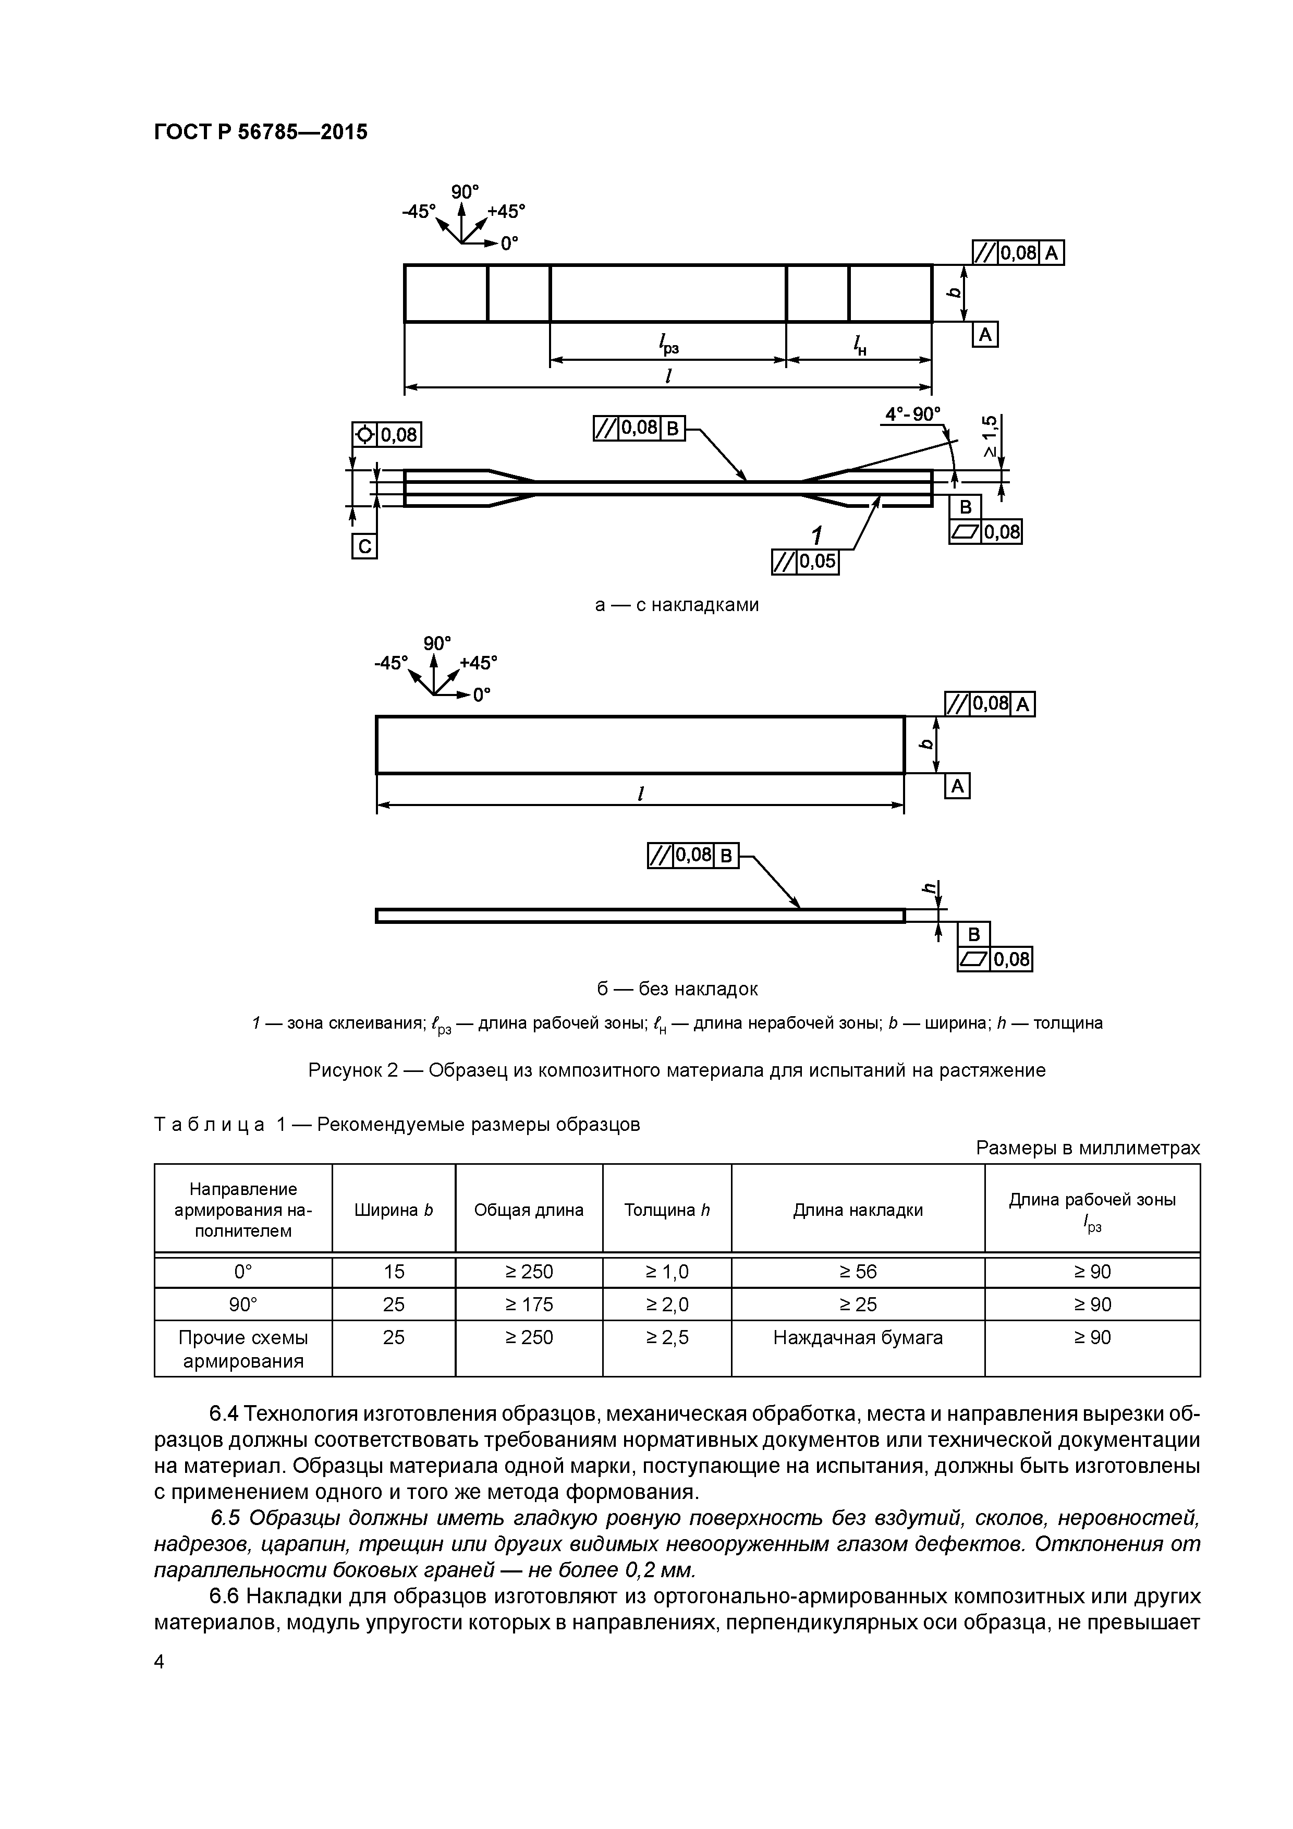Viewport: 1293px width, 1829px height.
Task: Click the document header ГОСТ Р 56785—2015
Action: pyautogui.click(x=261, y=132)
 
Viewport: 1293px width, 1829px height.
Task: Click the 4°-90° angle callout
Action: pyautogui.click(x=913, y=414)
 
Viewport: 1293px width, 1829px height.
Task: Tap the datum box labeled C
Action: pyautogui.click(x=364, y=546)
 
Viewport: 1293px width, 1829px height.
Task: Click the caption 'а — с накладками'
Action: pyautogui.click(x=676, y=605)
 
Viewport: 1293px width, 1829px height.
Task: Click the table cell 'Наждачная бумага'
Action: pyautogui.click(x=857, y=1337)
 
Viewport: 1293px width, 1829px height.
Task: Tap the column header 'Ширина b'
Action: pyautogui.click(x=394, y=1210)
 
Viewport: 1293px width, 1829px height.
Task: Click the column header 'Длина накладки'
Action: pyautogui.click(x=857, y=1210)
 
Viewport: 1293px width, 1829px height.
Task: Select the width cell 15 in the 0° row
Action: pyautogui.click(x=394, y=1271)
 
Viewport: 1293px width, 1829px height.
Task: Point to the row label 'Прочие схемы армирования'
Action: pyautogui.click(x=243, y=1349)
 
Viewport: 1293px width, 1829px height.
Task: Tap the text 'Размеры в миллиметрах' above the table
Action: pyautogui.click(x=1087, y=1148)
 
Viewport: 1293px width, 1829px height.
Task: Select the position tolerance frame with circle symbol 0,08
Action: pyautogui.click(x=386, y=435)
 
